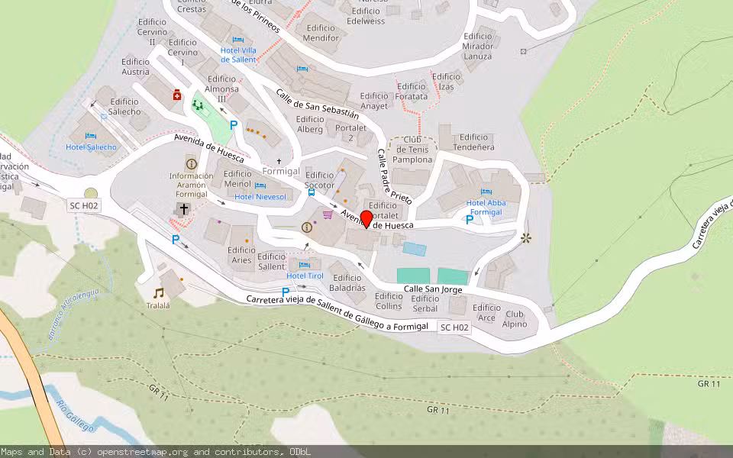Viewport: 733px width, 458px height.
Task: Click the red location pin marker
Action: point(366,219)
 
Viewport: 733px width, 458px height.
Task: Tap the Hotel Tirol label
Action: point(305,276)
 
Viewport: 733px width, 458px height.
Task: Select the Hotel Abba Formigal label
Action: point(486,208)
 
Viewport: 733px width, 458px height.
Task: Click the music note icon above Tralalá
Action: point(158,292)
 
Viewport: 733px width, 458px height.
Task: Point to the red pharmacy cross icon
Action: point(177,95)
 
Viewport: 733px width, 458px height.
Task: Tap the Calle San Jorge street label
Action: point(433,289)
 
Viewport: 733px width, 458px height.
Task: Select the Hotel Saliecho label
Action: point(92,147)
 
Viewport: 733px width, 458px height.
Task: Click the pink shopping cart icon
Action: point(328,214)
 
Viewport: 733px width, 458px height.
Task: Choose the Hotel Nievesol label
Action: point(260,197)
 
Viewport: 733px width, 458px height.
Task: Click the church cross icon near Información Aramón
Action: point(184,208)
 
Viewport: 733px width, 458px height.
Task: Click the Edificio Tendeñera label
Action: point(473,142)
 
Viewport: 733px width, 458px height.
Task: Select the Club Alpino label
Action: point(515,319)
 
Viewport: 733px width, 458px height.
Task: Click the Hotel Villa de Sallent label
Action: point(238,54)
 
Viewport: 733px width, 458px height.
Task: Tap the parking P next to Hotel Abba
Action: point(470,220)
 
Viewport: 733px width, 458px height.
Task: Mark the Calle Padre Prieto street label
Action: point(394,176)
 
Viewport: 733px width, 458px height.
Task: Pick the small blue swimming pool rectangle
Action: point(415,249)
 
